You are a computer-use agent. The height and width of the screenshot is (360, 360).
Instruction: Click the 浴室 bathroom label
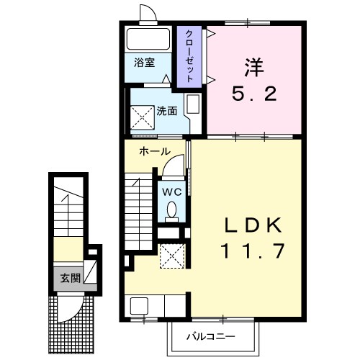144,63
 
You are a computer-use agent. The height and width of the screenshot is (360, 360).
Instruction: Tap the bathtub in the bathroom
148,40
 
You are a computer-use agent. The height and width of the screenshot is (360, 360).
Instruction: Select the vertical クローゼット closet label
189,56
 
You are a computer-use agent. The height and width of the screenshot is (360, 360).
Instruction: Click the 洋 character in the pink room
254,67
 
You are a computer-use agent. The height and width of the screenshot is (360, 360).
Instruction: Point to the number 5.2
254,94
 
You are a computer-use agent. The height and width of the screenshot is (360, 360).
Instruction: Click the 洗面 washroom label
167,112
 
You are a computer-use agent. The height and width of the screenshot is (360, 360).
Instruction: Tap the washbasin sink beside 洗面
193,104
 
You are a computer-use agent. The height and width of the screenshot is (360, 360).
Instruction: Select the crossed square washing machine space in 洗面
143,117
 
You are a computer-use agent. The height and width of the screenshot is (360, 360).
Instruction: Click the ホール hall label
155,151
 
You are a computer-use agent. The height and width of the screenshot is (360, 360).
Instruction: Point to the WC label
172,192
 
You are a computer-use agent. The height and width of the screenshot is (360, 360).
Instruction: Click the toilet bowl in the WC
171,210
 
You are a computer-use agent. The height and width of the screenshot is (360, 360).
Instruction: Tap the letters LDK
253,225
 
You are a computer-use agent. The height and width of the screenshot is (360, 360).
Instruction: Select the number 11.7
253,251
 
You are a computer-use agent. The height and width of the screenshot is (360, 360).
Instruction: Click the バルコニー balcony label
211,337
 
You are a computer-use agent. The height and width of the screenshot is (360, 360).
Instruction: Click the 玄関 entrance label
70,279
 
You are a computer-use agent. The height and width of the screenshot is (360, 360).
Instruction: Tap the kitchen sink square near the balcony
139,306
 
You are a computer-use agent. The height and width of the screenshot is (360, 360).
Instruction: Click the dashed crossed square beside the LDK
172,256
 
